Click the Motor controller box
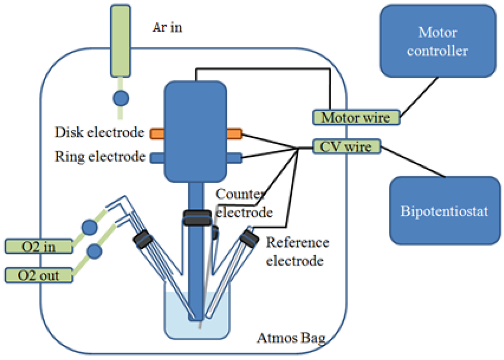click(x=438, y=41)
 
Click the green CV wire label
click(x=346, y=146)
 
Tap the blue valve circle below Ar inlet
click(x=121, y=98)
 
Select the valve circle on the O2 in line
click(x=90, y=227)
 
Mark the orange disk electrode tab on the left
click(x=156, y=133)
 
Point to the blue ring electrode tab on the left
click(x=156, y=157)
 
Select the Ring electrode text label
click(x=100, y=157)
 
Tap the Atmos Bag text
click(x=290, y=338)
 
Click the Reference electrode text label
click(x=297, y=251)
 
